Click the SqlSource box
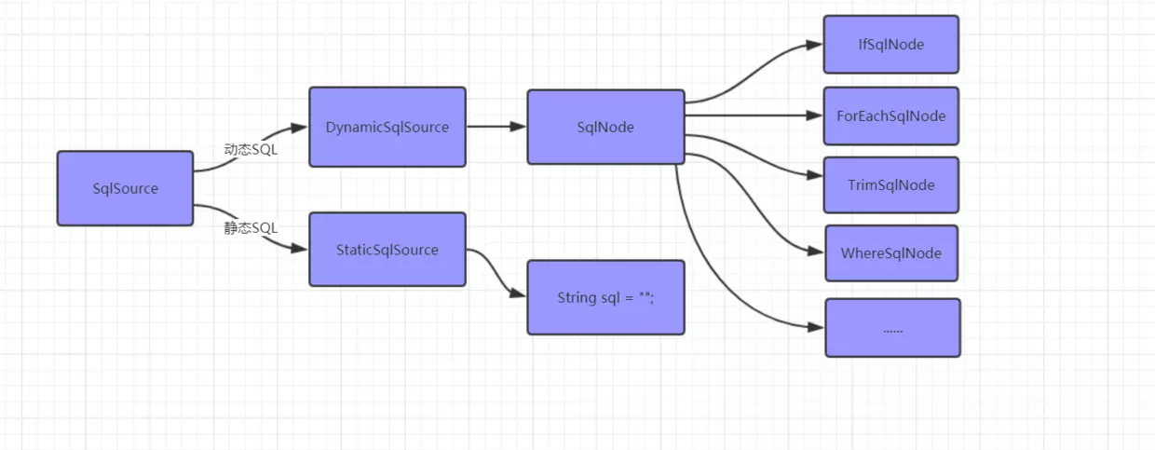click(x=125, y=188)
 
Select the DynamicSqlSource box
click(x=387, y=127)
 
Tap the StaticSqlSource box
click(x=387, y=250)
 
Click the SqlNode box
click(x=605, y=127)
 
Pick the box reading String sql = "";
click(x=605, y=297)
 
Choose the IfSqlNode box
click(x=890, y=44)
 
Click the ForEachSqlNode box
click(x=890, y=116)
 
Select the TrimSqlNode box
click(x=890, y=184)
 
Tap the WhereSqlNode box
click(x=890, y=253)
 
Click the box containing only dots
click(x=892, y=328)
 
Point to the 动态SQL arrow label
click(x=251, y=149)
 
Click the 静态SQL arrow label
click(x=251, y=228)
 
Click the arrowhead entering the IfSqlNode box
click(x=816, y=44)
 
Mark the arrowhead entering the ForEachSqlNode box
click(x=816, y=116)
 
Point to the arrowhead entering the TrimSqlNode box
click(x=816, y=175)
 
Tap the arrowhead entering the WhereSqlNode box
click(x=818, y=252)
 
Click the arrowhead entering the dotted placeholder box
click(x=818, y=327)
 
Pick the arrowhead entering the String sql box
click(x=520, y=294)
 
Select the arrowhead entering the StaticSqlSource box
click(x=301, y=250)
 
